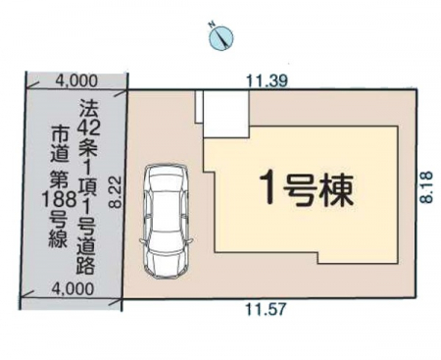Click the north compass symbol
pyautogui.click(x=220, y=37)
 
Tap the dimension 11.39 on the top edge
pyautogui.click(x=267, y=81)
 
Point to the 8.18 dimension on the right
pyautogui.click(x=427, y=187)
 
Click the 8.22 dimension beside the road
pyautogui.click(x=116, y=192)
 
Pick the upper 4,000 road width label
pyautogui.click(x=76, y=80)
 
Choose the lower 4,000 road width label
pyautogui.click(x=73, y=288)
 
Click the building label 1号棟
pyautogui.click(x=307, y=189)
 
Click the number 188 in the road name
pyautogui.click(x=59, y=200)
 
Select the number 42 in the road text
pyautogui.click(x=88, y=129)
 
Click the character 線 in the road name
pyautogui.click(x=59, y=237)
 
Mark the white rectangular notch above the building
pyautogui.click(x=226, y=114)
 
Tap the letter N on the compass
pyautogui.click(x=212, y=24)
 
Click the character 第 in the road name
pyautogui.click(x=60, y=180)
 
